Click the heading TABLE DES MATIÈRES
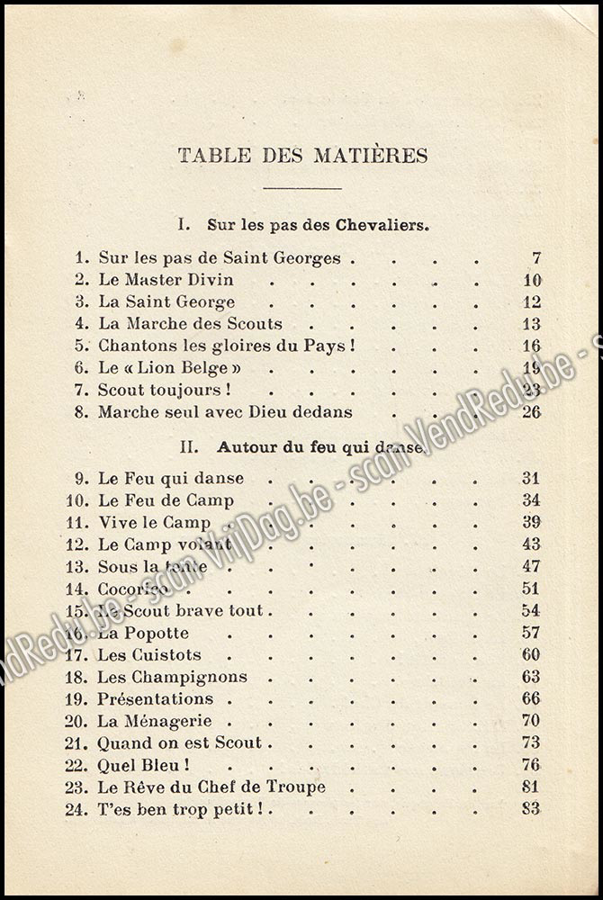[302, 155]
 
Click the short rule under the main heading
[302, 188]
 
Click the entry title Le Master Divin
[166, 280]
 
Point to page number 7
[536, 258]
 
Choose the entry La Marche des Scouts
[190, 324]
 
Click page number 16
[531, 346]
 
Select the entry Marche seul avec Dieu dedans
[225, 412]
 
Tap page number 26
[531, 412]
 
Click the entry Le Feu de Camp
[166, 500]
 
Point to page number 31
[531, 479]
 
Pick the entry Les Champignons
[172, 677]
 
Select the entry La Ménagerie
[155, 721]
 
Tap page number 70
[531, 721]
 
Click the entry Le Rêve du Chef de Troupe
[211, 787]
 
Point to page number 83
[531, 809]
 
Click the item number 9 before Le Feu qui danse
[83, 479]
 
